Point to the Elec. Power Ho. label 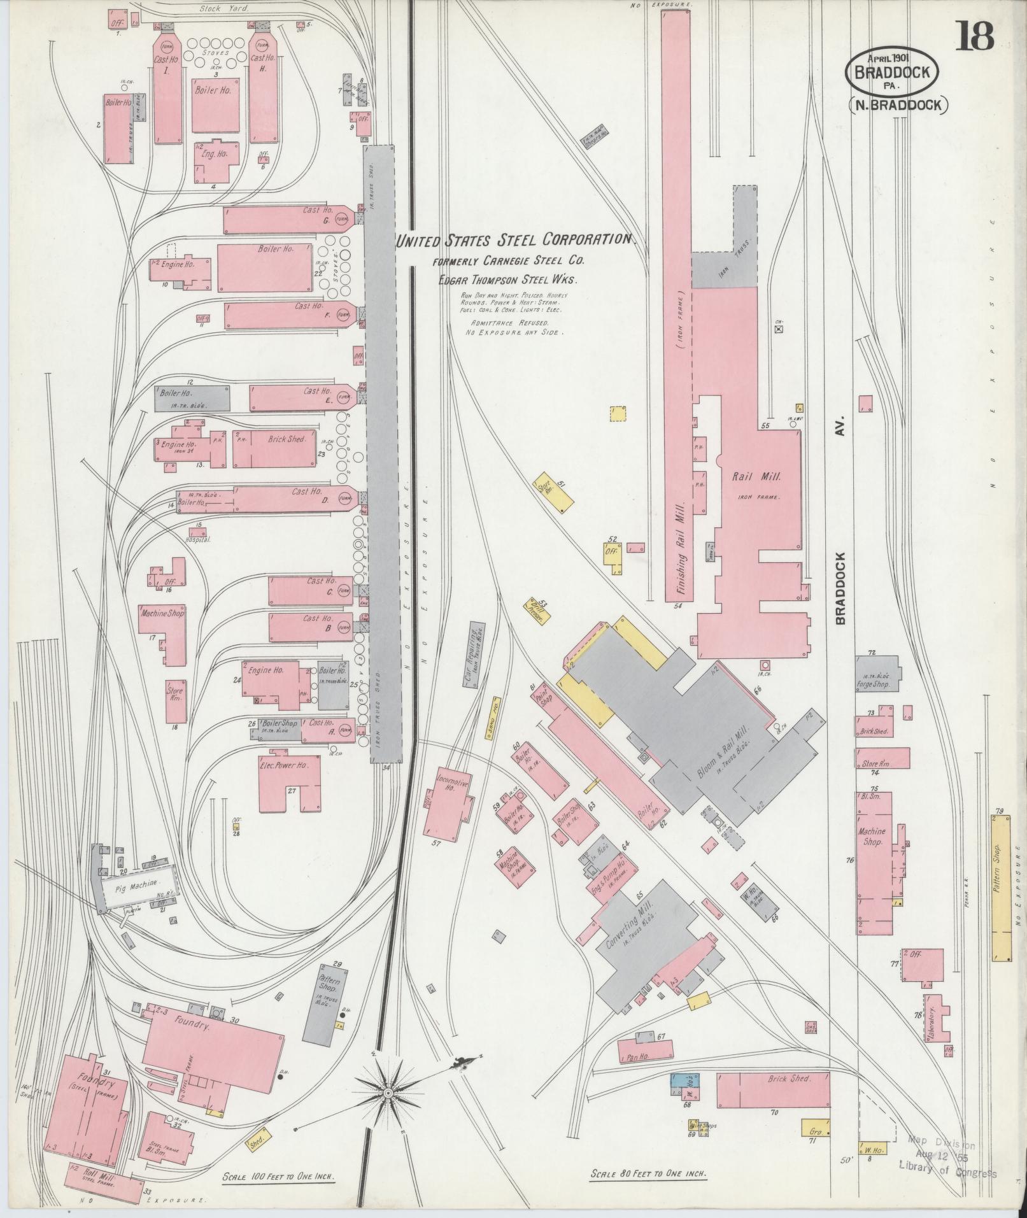click(x=284, y=765)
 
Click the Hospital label click(x=197, y=539)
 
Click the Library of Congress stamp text click(x=947, y=1165)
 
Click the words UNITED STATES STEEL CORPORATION click(x=516, y=241)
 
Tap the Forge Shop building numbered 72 click(x=876, y=675)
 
